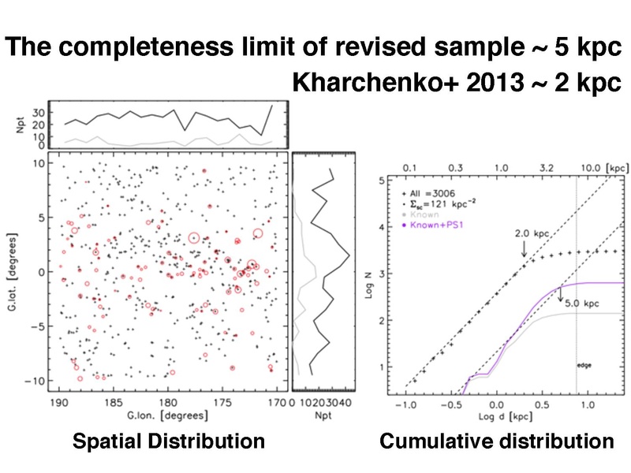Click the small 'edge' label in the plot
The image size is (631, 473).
coord(585,365)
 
